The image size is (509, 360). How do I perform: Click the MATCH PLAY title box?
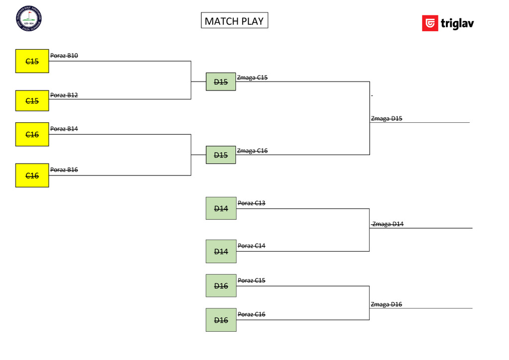point(234,20)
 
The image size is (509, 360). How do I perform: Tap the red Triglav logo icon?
point(430,23)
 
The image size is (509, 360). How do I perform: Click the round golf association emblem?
point(29,18)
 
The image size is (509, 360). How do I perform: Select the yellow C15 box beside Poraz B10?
point(32,61)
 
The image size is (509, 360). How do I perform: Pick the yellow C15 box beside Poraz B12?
point(32,101)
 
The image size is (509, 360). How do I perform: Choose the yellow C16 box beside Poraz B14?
point(32,134)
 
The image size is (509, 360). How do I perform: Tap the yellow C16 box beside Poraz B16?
point(32,175)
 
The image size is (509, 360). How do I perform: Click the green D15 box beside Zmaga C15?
point(221,82)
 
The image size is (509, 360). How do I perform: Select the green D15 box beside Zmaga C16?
point(221,155)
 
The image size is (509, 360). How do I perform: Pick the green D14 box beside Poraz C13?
point(221,208)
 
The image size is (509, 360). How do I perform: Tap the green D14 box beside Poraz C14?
point(221,251)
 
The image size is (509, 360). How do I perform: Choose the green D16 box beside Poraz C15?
point(221,285)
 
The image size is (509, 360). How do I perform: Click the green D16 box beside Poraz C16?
point(221,320)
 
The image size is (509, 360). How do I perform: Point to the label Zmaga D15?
point(387,118)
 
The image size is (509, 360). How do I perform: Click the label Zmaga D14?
point(388,224)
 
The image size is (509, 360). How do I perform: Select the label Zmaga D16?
point(386,304)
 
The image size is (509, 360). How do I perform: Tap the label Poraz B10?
point(64,56)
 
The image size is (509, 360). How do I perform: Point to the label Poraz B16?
point(64,170)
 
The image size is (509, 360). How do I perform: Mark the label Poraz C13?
point(252,203)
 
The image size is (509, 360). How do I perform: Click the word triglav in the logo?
point(457,24)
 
